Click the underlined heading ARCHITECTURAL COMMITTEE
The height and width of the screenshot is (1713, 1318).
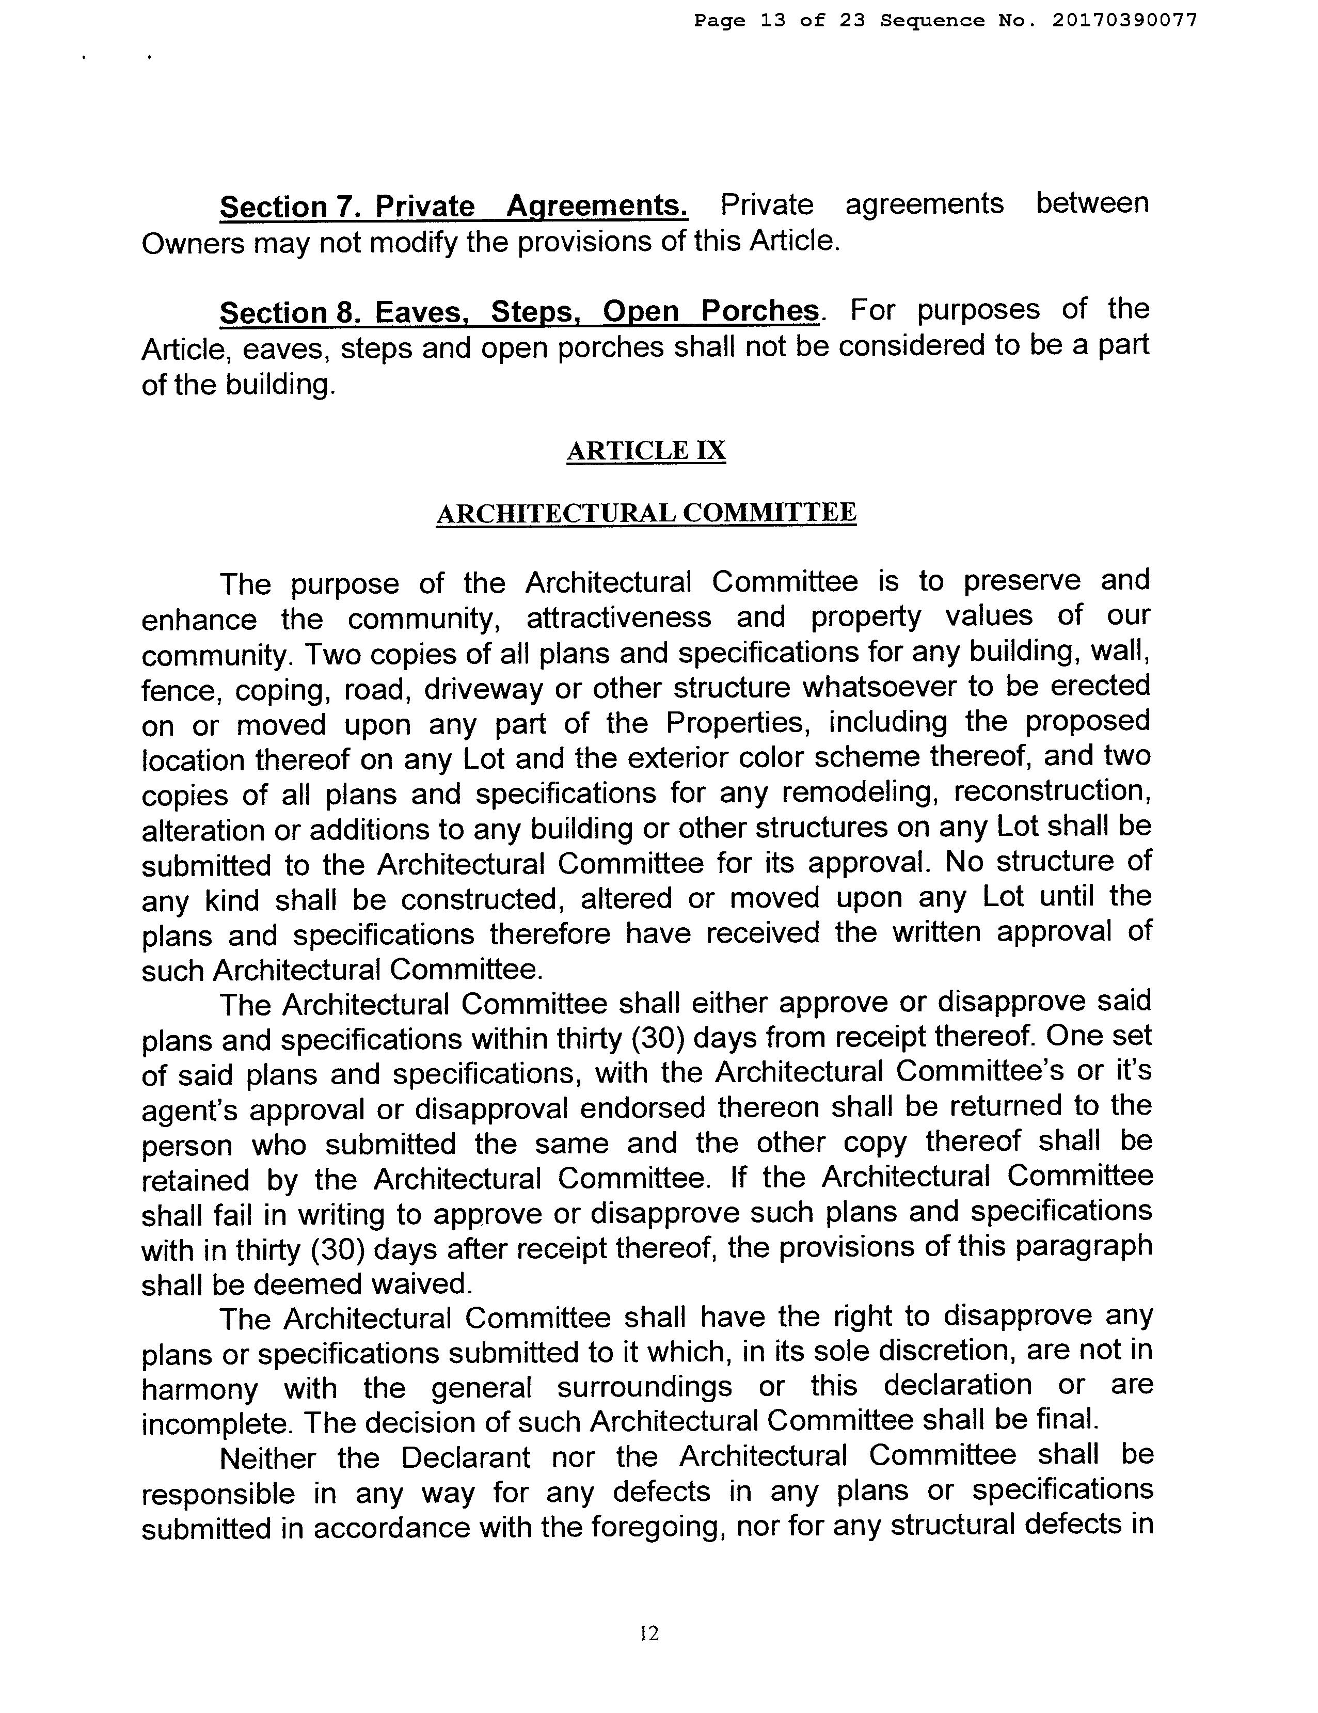click(646, 513)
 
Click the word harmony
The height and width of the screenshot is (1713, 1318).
click(199, 1389)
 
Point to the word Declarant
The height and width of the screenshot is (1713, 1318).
click(466, 1457)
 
